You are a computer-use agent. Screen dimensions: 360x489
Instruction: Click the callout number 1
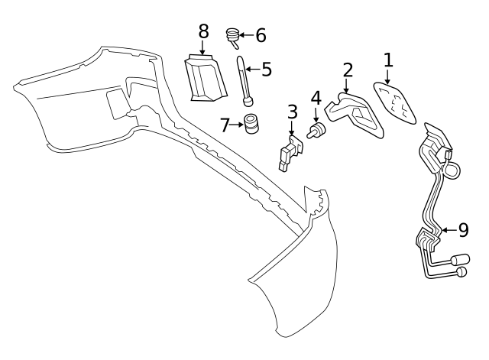(387, 60)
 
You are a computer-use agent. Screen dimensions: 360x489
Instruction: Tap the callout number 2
(348, 70)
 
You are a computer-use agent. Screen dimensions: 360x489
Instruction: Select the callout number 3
(293, 112)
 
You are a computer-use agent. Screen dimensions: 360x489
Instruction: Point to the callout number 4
(316, 99)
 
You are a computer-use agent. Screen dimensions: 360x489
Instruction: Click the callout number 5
(267, 70)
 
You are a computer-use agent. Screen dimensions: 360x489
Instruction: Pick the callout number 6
(261, 34)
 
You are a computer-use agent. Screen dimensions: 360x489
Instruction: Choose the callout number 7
(225, 123)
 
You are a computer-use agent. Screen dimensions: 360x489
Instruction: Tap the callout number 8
(202, 31)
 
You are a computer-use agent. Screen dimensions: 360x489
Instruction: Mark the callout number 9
(464, 228)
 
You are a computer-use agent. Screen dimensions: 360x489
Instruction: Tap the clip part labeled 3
(289, 152)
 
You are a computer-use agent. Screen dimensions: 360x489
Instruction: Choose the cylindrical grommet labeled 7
(251, 123)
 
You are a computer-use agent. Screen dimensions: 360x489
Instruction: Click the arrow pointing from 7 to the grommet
(238, 123)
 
